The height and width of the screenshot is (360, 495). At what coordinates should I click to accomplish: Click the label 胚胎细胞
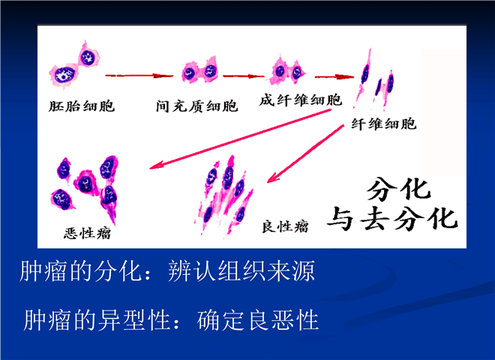click(82, 106)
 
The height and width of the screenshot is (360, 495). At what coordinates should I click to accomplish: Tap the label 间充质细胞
click(196, 106)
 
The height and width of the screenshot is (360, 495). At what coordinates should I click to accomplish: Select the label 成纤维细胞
click(301, 100)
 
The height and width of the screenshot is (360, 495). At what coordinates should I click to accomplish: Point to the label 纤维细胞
click(384, 124)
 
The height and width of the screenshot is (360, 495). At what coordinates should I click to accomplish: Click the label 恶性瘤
click(88, 233)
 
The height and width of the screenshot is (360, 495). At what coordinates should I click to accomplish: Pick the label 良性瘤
click(285, 226)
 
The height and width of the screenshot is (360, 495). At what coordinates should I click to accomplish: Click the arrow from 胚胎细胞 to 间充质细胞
click(139, 76)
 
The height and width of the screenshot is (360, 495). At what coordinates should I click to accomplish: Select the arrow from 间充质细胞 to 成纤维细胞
click(244, 76)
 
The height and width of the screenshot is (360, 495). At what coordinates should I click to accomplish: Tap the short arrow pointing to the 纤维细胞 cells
click(334, 76)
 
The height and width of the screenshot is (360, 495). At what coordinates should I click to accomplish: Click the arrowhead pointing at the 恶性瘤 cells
click(156, 165)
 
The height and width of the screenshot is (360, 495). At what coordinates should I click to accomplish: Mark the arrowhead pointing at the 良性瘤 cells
click(273, 177)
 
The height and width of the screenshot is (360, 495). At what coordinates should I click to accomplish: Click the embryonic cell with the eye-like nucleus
click(64, 75)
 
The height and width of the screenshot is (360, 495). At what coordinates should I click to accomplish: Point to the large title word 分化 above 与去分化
click(399, 190)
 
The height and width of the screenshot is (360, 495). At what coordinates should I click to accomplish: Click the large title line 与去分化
click(392, 218)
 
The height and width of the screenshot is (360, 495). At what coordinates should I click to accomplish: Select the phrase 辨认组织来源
click(241, 271)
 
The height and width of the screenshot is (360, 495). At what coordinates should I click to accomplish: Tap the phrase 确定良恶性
click(257, 320)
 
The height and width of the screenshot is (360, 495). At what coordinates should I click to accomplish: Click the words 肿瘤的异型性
click(97, 320)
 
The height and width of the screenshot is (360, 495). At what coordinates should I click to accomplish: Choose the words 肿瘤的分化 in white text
click(80, 271)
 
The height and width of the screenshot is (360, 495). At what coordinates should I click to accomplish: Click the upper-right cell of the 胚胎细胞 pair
click(88, 57)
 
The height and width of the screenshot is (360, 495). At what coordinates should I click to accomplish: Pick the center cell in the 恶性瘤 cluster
click(85, 183)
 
